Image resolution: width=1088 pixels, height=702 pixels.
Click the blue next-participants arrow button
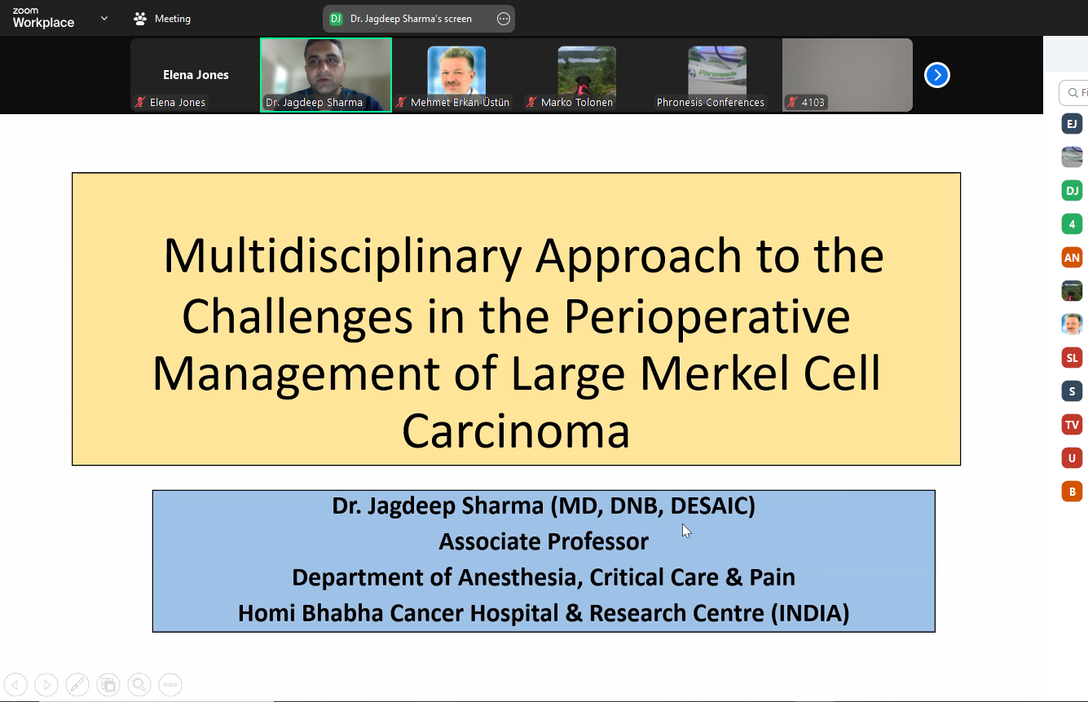936,75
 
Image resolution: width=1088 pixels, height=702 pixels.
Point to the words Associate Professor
544,541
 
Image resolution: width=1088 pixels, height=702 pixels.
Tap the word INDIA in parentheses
810,613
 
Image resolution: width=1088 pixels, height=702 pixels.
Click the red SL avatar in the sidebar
1072,358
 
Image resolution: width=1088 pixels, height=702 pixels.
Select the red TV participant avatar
1072,425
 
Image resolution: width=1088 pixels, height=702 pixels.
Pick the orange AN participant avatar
1072,258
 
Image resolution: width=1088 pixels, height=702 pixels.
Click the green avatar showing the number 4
1072,224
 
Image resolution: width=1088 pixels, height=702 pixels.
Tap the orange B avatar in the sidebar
1072,492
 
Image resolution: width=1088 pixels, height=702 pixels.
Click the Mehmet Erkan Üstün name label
460,102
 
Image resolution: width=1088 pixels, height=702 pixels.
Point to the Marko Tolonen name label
576,102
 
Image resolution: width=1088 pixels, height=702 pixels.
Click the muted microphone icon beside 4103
792,102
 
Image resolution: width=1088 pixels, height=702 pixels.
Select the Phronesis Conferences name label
710,102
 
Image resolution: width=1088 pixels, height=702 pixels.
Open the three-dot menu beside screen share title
503,19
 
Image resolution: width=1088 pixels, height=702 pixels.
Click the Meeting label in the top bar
173,19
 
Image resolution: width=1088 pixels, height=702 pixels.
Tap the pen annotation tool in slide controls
77,685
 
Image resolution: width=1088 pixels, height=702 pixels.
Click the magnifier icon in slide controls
139,685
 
